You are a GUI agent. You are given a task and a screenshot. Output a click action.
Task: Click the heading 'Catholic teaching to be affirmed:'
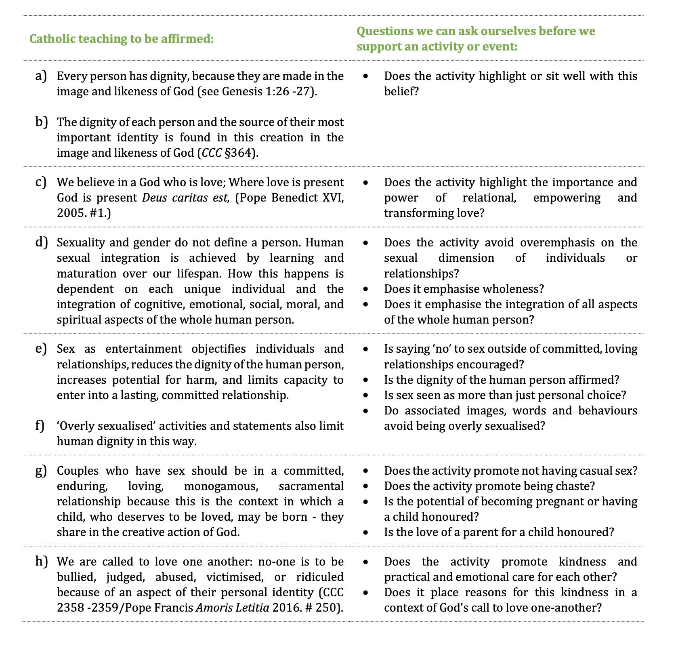tap(122, 39)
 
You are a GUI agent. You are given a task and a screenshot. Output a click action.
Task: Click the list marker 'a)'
tap(40, 76)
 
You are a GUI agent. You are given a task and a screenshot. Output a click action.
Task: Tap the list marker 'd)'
tap(41, 242)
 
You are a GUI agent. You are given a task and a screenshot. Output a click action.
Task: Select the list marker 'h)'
tap(41, 562)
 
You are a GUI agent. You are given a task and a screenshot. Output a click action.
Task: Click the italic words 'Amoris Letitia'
tap(232, 608)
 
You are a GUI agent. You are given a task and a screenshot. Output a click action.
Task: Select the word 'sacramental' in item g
tap(311, 486)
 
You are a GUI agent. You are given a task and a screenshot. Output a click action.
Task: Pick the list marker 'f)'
tap(40, 426)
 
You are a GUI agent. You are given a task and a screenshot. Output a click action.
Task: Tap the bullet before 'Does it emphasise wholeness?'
tap(366, 289)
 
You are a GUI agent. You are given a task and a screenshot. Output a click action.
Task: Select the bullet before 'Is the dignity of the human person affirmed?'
tap(366, 380)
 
